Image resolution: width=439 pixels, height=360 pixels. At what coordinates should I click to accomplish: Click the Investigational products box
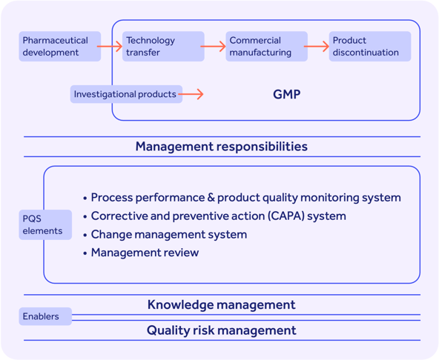(x=126, y=94)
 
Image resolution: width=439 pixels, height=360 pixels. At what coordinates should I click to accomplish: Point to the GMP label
(x=286, y=95)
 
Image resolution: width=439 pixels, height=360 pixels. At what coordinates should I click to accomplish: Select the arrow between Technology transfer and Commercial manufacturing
(x=214, y=46)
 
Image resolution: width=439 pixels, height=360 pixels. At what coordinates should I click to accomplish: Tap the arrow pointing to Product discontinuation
(x=318, y=46)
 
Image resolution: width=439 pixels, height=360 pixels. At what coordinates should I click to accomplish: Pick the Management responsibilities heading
(x=221, y=147)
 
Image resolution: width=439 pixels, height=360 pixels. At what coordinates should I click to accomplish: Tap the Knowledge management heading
(x=221, y=304)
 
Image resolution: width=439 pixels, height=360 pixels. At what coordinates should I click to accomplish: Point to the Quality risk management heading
(x=221, y=330)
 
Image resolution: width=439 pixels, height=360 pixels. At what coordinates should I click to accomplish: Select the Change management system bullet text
(x=169, y=235)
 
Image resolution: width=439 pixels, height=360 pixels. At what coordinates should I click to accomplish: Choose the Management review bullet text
(x=145, y=253)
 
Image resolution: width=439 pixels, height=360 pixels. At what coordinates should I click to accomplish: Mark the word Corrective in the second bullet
(x=119, y=216)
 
